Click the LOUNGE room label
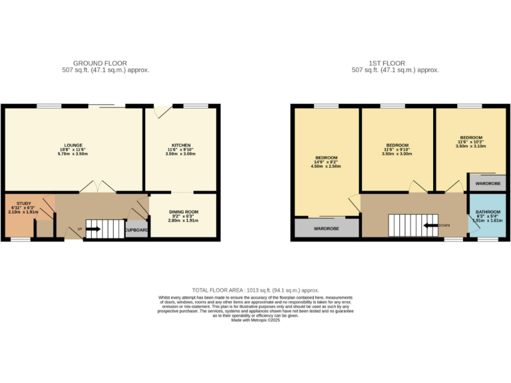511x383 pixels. (x=73, y=145)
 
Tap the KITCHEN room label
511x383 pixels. (x=181, y=145)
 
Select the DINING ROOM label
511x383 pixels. (x=183, y=211)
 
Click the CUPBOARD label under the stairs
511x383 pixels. (x=137, y=230)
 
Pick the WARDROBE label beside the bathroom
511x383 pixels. (x=487, y=183)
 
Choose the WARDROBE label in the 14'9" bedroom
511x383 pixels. (x=326, y=229)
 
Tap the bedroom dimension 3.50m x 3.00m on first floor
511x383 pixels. (x=397, y=154)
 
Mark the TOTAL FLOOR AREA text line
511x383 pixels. (x=255, y=291)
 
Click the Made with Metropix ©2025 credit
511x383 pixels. (x=255, y=320)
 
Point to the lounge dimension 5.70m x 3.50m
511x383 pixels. (x=73, y=154)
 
